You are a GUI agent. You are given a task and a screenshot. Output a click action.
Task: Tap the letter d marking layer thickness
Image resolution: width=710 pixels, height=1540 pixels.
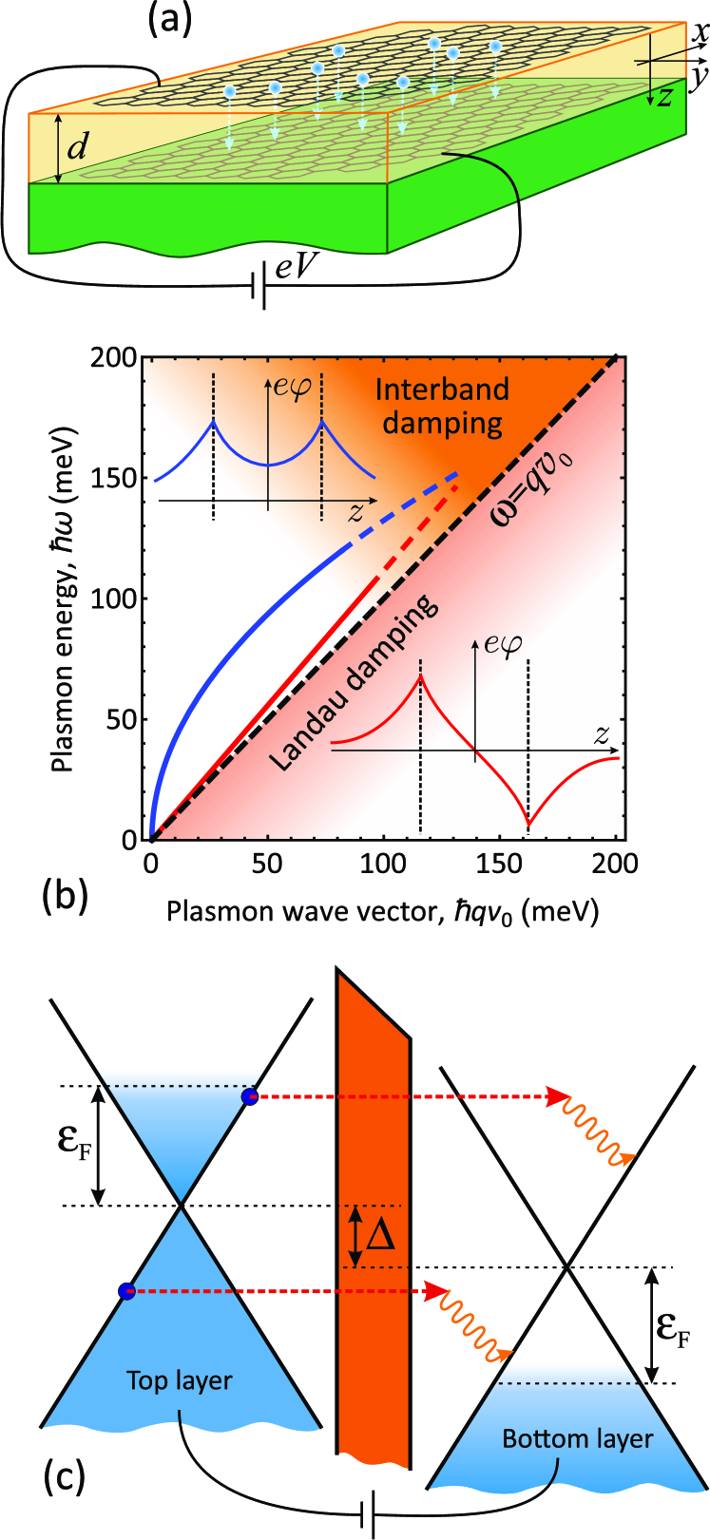(82, 146)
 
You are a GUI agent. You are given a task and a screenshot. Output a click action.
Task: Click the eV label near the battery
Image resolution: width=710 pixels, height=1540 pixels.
(296, 268)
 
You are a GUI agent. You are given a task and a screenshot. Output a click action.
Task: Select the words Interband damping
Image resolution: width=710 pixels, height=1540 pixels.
(443, 405)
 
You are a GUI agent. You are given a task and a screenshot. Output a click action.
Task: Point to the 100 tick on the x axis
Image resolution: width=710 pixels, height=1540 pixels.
(384, 863)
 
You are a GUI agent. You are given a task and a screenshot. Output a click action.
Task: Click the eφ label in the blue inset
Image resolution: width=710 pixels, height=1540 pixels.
(291, 387)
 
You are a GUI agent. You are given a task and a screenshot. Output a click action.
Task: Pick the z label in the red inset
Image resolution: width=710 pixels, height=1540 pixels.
(601, 733)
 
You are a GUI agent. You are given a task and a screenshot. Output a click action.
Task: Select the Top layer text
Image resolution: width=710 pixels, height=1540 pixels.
(180, 1380)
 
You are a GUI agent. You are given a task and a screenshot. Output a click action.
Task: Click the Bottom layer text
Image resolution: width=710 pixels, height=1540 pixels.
(578, 1438)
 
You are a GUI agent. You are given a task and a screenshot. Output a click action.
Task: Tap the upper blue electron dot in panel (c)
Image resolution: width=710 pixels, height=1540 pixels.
(249, 1097)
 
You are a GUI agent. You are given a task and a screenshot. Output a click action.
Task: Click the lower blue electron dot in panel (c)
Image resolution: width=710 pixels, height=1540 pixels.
(126, 1290)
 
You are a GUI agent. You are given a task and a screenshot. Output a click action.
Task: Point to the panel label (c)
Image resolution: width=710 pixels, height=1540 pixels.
(64, 1477)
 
